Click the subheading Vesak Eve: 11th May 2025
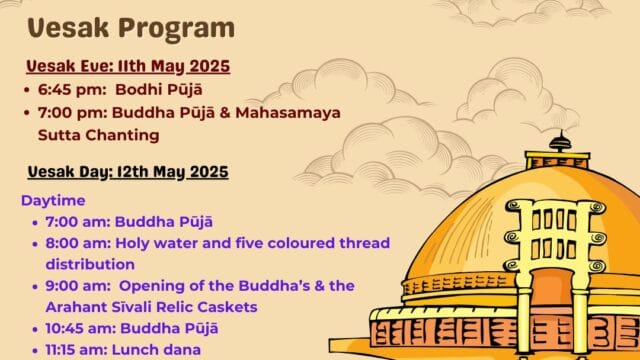click(x=128, y=66)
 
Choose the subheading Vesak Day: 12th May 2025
click(x=128, y=172)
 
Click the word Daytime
click(x=52, y=199)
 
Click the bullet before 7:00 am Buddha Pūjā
click(x=35, y=222)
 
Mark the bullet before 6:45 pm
click(x=30, y=89)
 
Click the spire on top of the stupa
click(x=559, y=140)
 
